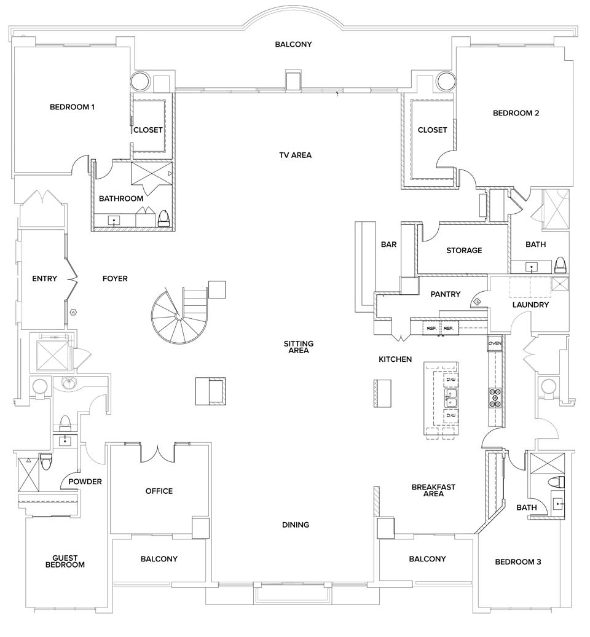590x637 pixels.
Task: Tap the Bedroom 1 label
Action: tap(72, 107)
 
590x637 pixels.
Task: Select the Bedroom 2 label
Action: tap(516, 113)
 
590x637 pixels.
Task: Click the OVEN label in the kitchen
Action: tap(495, 343)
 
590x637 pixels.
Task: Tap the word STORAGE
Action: tap(464, 251)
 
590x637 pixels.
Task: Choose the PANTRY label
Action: tap(445, 295)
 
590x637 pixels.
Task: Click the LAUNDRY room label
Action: tap(530, 305)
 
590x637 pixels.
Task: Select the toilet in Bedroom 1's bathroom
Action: tap(164, 219)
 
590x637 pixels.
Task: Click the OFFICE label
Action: tap(159, 491)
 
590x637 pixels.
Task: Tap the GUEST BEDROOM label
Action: tap(65, 561)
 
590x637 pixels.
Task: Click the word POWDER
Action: tap(85, 482)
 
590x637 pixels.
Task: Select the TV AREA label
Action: tap(295, 155)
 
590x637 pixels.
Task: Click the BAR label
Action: tap(388, 244)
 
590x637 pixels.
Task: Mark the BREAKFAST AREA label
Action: tap(433, 490)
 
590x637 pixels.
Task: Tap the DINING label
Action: tap(295, 525)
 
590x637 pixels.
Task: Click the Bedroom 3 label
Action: tap(517, 562)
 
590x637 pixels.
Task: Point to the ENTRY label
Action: tap(44, 279)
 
